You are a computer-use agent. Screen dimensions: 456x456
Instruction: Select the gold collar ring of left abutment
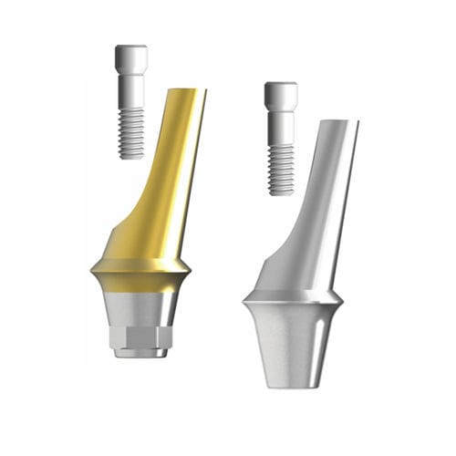point(140,268)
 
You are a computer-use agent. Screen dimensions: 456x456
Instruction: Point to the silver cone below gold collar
point(141,306)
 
